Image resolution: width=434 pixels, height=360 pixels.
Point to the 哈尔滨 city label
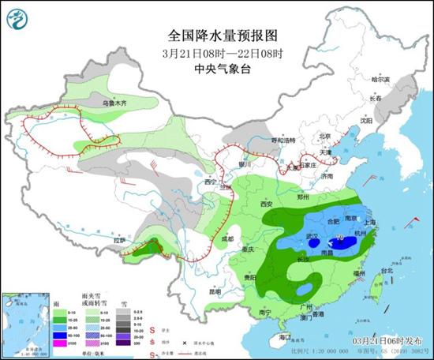pyautogui.click(x=381, y=79)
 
